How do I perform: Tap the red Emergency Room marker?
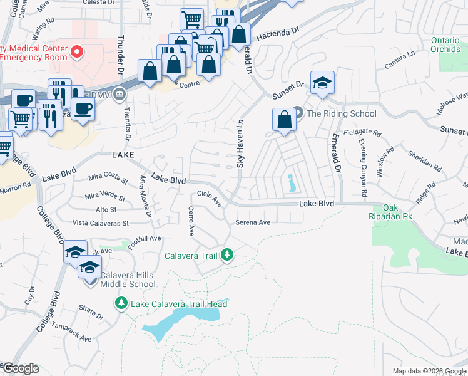coord(78,51)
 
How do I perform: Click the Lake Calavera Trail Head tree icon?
coord(121,304)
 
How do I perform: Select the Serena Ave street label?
coord(252,222)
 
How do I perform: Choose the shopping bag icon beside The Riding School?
coord(284,120)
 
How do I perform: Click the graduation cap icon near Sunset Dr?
coord(322,83)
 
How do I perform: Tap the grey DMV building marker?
coord(120,94)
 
